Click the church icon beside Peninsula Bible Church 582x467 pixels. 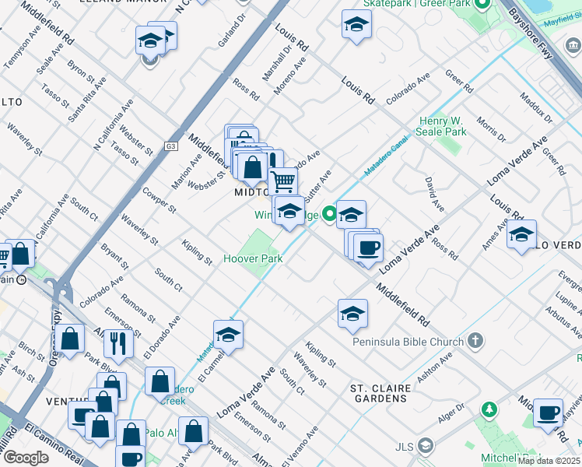pos(475,341)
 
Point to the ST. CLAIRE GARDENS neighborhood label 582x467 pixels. pos(378,393)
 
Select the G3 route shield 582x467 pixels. pos(171,146)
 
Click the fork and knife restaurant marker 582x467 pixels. pos(118,343)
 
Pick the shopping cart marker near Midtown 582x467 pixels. pos(283,182)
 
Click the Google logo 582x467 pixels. pos(26,458)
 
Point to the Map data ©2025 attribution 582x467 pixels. pos(549,461)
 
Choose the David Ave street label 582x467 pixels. pos(434,195)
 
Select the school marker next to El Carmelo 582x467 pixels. pos(228,335)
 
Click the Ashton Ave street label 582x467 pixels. pos(434,368)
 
